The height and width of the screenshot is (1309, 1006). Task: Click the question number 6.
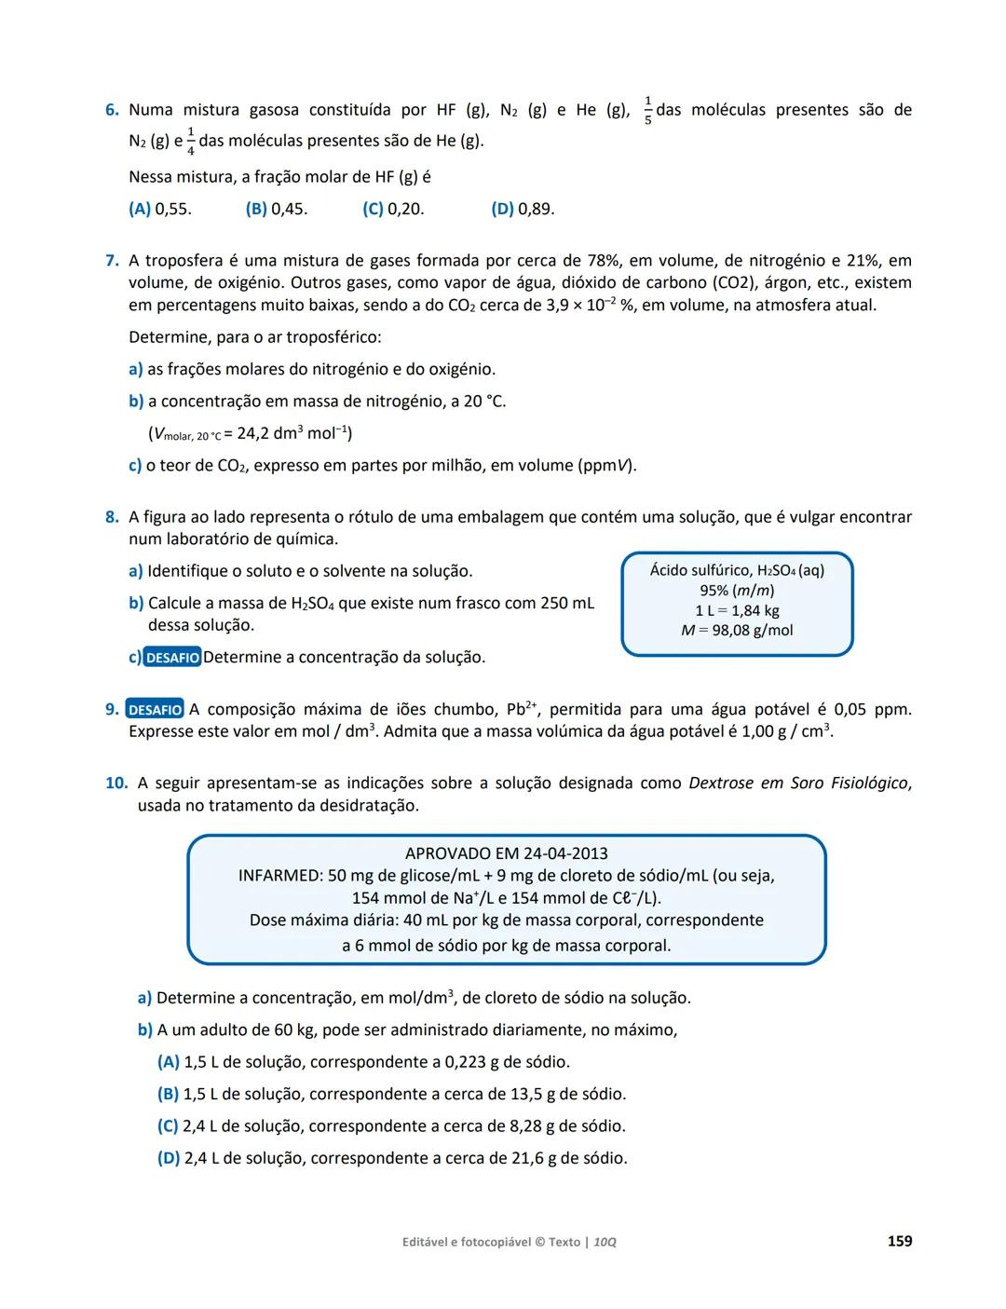click(111, 110)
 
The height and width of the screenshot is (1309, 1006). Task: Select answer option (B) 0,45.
click(277, 209)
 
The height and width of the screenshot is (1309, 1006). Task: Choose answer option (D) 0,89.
click(523, 209)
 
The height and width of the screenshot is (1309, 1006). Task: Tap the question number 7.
click(111, 261)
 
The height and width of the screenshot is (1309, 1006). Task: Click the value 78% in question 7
click(605, 261)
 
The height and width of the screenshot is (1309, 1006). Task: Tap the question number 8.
click(111, 517)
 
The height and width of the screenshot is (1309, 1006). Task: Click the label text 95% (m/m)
click(737, 591)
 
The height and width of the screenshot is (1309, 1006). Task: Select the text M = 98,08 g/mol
click(737, 631)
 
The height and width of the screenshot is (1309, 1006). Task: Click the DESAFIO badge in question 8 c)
click(172, 658)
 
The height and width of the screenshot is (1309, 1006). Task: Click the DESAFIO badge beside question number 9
click(155, 710)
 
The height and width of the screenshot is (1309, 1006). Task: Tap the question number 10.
click(116, 784)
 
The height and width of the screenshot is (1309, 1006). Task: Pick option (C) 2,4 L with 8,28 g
click(391, 1126)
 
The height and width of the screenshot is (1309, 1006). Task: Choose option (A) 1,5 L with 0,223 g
click(363, 1062)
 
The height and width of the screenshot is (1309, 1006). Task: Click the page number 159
click(899, 1241)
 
